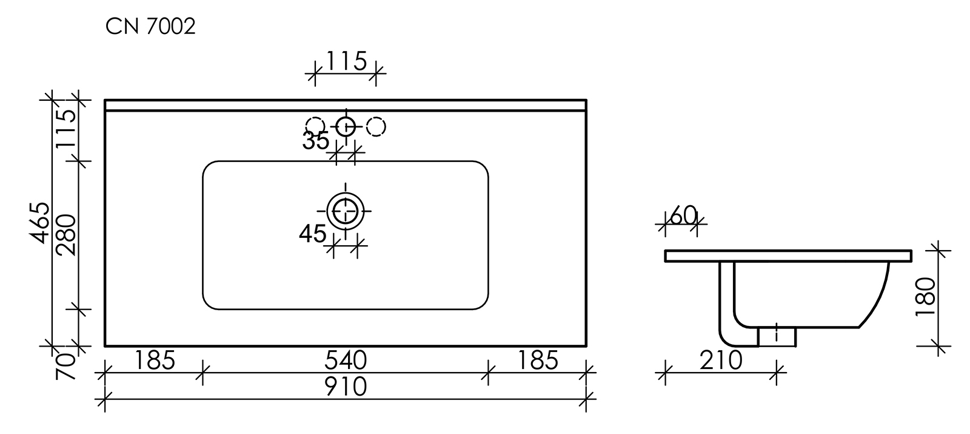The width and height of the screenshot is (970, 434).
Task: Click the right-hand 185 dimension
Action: [x=537, y=361]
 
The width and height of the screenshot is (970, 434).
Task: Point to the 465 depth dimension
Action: [x=40, y=223]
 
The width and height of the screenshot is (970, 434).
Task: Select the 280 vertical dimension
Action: [x=66, y=235]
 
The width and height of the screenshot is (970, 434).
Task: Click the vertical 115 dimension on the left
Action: [x=66, y=129]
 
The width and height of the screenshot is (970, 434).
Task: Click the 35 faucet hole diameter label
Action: [x=315, y=141]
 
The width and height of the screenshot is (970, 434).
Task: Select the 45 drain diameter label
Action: [x=313, y=233]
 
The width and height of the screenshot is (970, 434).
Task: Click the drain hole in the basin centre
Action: [x=346, y=211]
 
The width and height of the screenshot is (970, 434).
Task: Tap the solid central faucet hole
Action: [x=346, y=126]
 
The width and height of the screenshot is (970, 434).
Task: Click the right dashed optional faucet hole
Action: [x=376, y=126]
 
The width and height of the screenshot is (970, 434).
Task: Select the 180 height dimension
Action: [x=926, y=297]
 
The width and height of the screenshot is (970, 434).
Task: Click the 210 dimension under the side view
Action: [x=721, y=361]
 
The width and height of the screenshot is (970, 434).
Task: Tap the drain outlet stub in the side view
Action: [x=777, y=336]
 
